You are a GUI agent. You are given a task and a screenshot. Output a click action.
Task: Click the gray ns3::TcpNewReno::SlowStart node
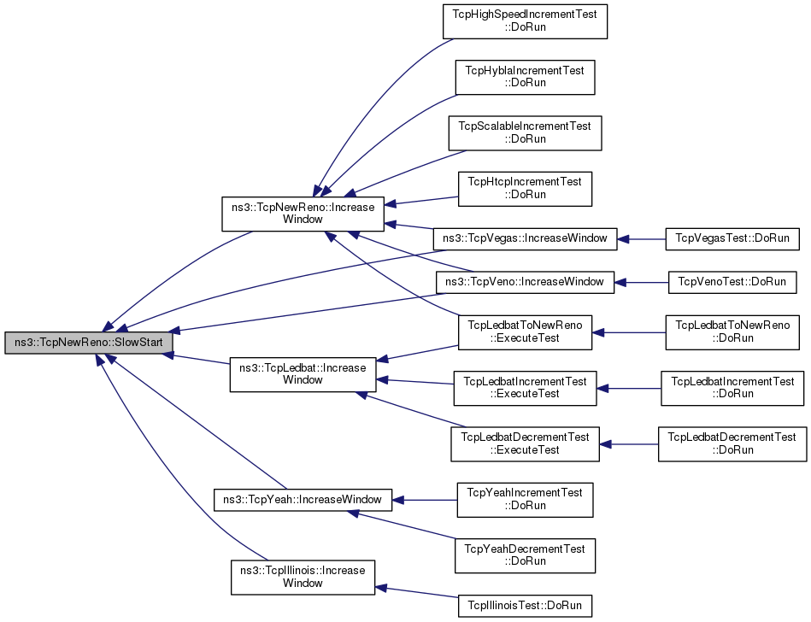[88, 343]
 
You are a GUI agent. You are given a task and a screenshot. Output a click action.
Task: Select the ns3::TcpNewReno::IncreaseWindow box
[303, 214]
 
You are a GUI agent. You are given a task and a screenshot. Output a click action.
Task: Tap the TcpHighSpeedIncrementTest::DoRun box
[525, 21]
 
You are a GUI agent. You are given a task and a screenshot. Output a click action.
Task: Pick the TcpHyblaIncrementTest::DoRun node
[525, 77]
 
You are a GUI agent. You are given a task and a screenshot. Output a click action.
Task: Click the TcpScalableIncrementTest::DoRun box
[525, 133]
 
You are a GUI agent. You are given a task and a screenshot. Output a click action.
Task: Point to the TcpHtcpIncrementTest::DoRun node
[525, 189]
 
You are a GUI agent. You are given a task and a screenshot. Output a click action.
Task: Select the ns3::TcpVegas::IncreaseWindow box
[525, 239]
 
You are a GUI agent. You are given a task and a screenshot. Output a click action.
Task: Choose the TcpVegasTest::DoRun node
[732, 239]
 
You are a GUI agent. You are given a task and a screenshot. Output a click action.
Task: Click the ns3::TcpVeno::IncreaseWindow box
[525, 282]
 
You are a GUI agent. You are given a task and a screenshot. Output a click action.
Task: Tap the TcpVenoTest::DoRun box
[732, 282]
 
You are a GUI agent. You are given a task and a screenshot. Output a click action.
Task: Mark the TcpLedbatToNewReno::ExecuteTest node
[525, 332]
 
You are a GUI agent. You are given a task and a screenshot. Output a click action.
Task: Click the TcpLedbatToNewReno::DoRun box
[732, 332]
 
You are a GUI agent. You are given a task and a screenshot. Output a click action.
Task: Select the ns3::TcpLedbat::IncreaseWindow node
[303, 374]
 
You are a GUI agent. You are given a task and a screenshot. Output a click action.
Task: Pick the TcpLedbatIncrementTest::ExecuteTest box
[525, 388]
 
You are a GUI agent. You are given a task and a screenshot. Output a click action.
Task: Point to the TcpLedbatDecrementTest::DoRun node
[732, 444]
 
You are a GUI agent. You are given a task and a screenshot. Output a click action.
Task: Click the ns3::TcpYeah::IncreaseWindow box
[303, 500]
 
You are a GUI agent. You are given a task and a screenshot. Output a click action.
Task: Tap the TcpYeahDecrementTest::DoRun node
[525, 556]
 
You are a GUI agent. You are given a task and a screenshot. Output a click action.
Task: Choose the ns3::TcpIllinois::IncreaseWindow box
[303, 578]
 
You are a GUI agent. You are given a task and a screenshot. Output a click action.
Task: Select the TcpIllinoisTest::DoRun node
[525, 606]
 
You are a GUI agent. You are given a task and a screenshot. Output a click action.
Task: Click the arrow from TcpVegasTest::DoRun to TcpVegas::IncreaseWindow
[641, 239]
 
